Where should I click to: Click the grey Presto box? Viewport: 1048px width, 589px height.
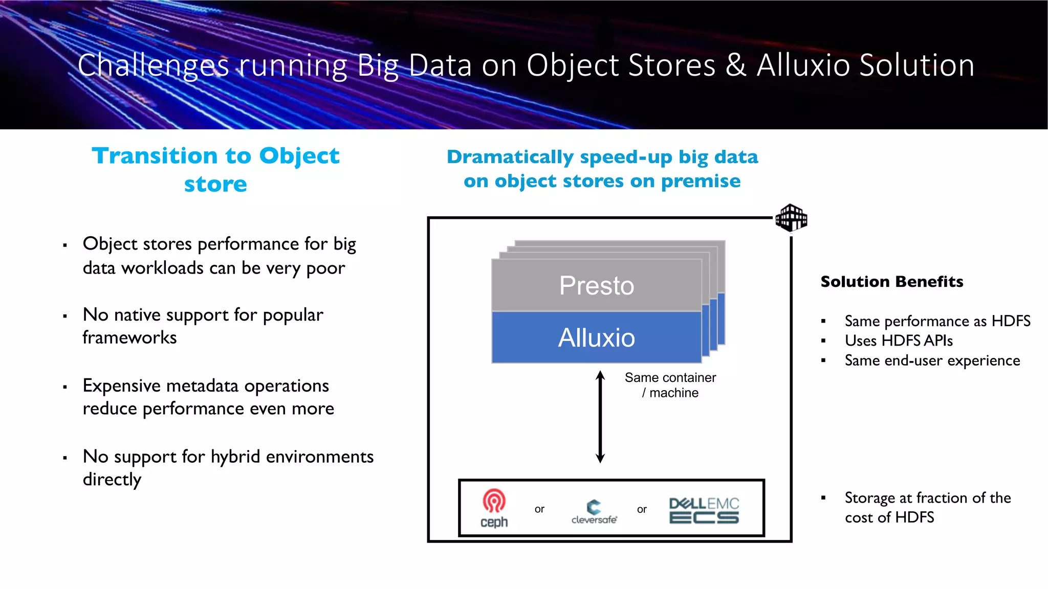596,285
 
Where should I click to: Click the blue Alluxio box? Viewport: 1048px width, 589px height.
596,337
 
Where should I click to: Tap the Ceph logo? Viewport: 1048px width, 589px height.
494,508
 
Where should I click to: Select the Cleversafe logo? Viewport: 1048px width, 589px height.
594,511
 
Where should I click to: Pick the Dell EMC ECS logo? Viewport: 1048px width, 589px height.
704,510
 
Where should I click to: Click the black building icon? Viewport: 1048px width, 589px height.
791,218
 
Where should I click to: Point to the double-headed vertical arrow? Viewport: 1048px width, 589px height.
600,417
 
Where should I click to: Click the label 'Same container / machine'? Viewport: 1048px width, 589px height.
670,385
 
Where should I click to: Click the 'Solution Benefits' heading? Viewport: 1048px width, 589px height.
891,282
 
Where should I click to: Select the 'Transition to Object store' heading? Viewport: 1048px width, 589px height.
215,169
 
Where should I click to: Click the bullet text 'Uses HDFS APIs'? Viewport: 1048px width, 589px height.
898,341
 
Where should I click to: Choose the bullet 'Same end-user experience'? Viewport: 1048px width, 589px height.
932,360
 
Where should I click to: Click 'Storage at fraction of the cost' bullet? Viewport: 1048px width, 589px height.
927,507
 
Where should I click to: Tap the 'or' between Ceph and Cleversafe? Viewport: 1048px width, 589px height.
539,509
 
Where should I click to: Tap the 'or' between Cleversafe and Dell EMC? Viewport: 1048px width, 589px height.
642,509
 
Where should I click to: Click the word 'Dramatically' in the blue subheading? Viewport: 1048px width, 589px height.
510,157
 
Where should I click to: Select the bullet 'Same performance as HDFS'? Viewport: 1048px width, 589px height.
937,321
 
